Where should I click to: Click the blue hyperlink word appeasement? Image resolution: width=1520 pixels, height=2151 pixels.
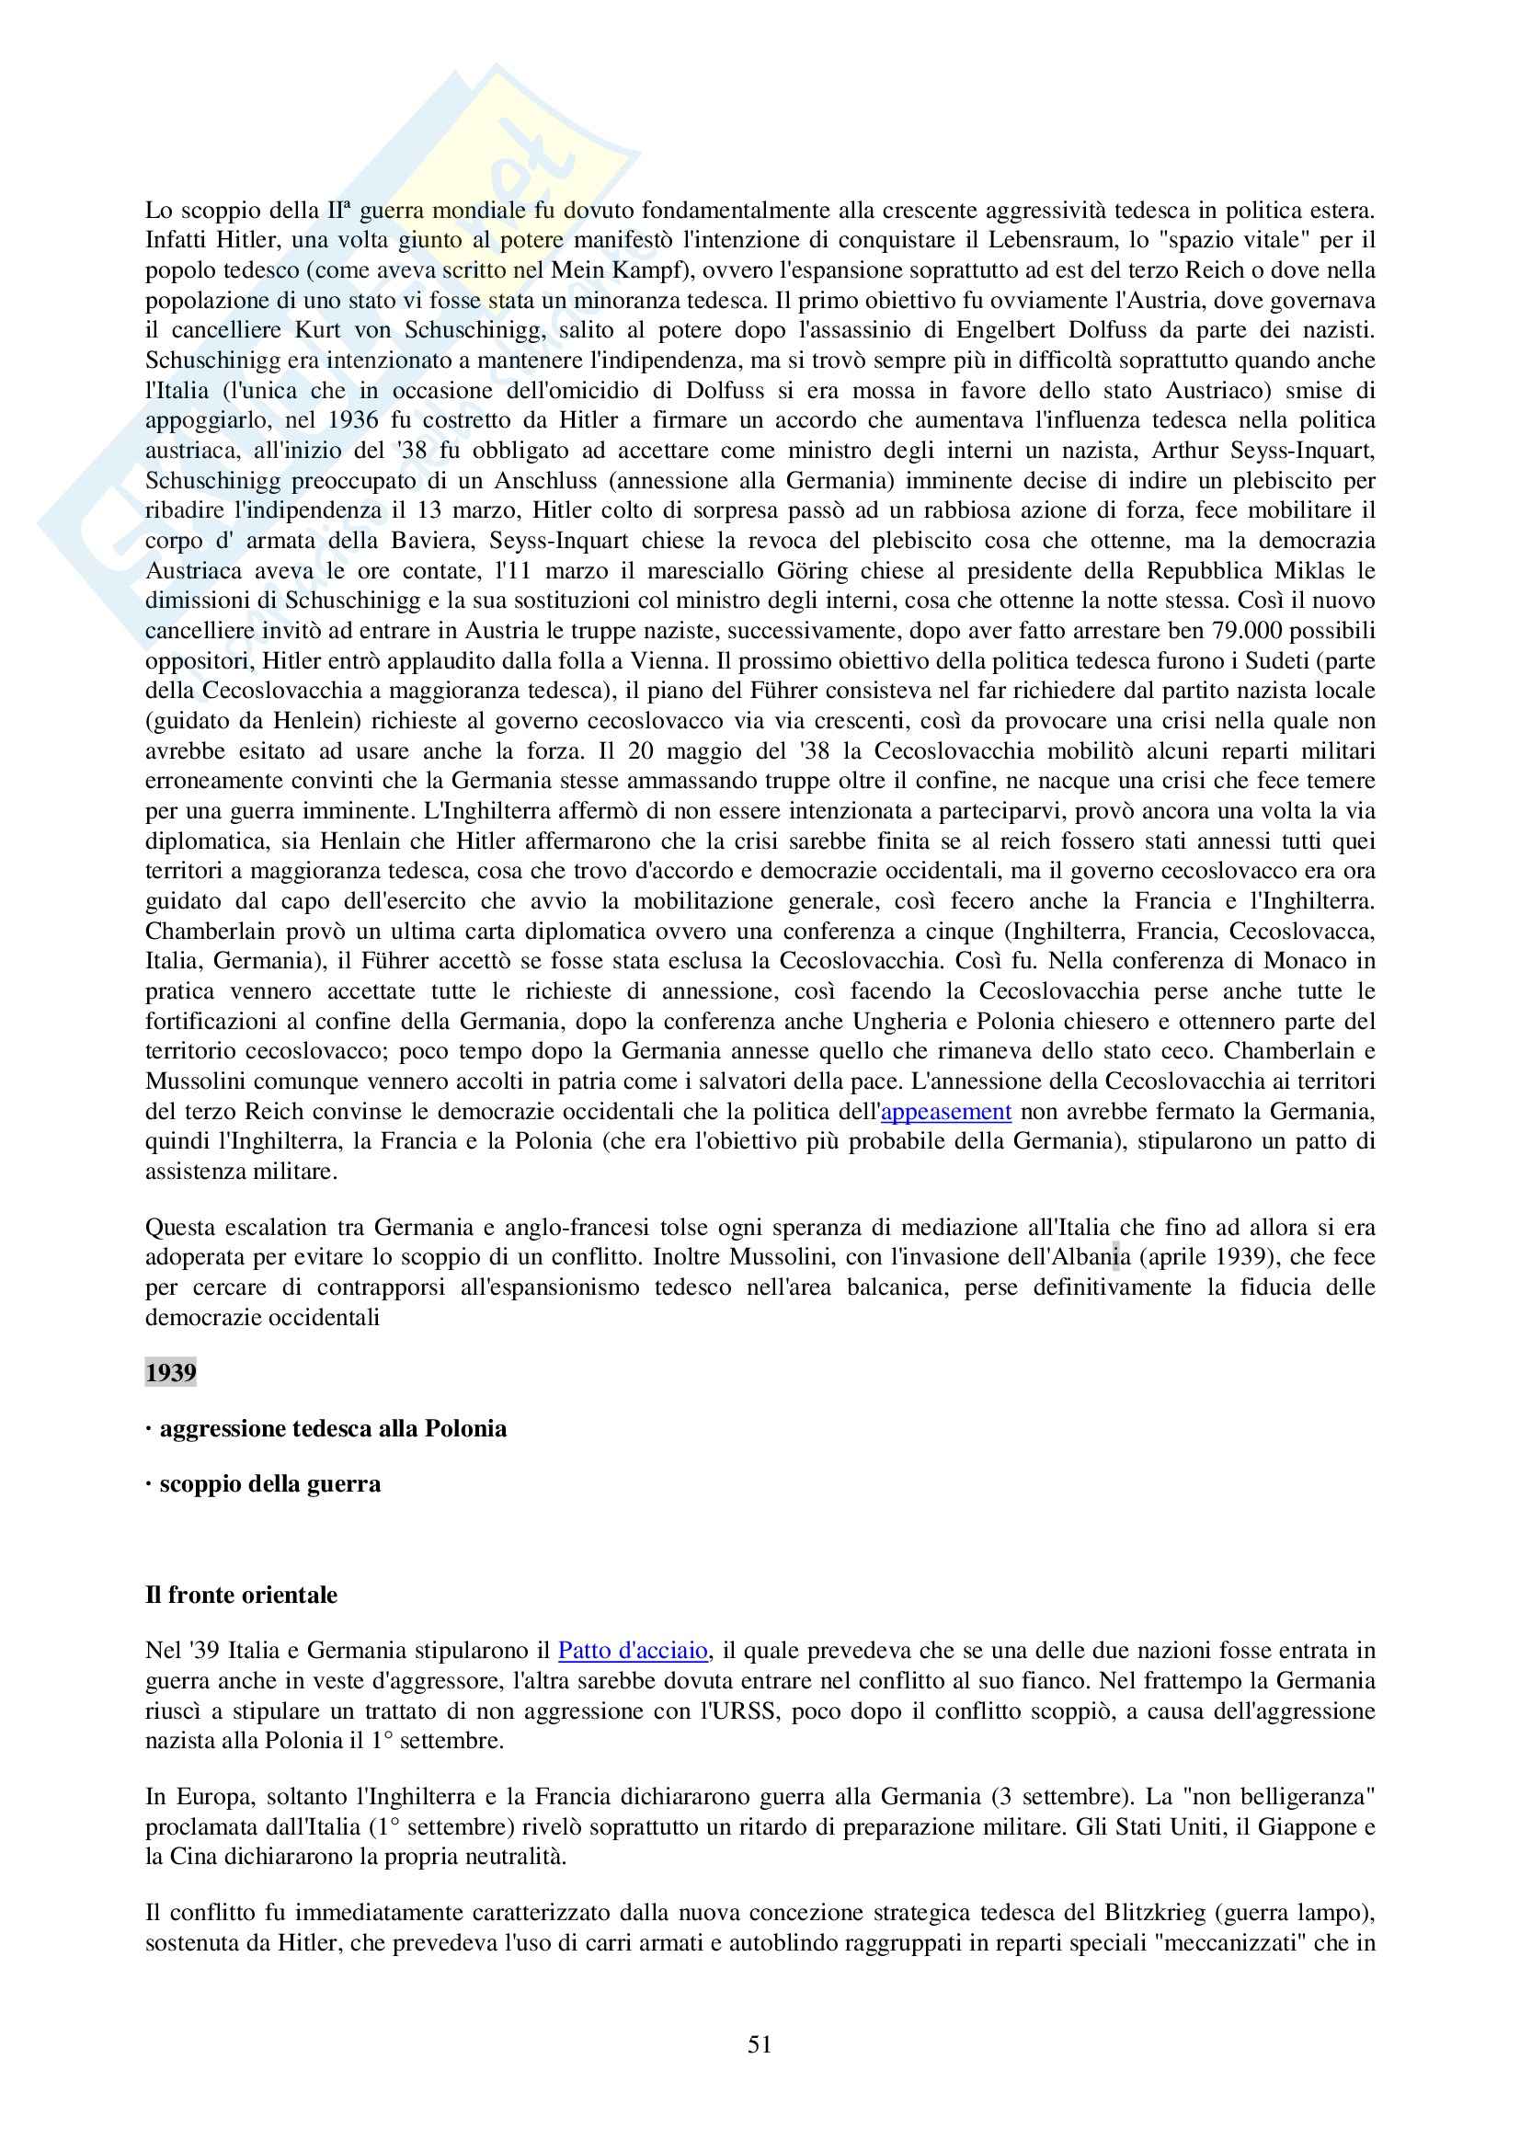(x=947, y=1111)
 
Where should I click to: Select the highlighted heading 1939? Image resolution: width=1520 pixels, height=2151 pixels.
(x=170, y=1372)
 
